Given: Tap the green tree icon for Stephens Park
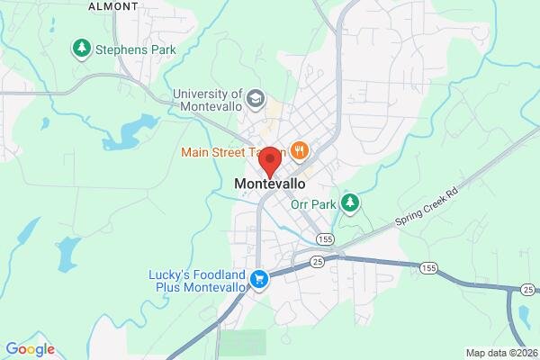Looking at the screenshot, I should tap(83, 47).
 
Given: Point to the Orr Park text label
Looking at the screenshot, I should tap(313, 204).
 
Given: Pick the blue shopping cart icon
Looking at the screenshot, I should tap(260, 280).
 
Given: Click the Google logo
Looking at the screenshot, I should tap(31, 349).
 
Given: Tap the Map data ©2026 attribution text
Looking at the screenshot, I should tap(499, 352).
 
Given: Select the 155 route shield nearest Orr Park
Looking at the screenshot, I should tap(326, 238).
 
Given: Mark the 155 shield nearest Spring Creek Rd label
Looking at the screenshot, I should tap(428, 267).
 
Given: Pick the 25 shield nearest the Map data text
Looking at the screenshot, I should tap(527, 290).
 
